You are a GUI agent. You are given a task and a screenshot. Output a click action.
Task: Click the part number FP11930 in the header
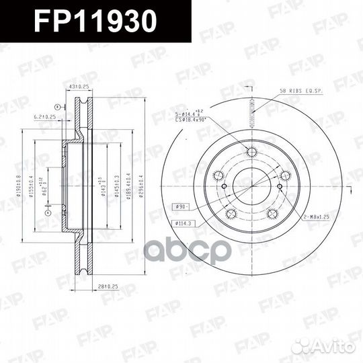(x=94, y=22)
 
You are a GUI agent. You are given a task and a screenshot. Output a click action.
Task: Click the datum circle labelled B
(x=58, y=108)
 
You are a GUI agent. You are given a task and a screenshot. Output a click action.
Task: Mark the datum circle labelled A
(x=48, y=212)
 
